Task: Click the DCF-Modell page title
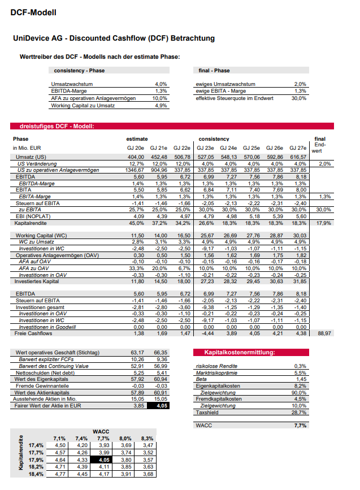pyautogui.click(x=33, y=12)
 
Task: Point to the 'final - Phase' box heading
pyautogui.click(x=214, y=71)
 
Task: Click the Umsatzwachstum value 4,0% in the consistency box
pyautogui.click(x=161, y=84)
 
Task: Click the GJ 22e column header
pyautogui.click(x=182, y=148)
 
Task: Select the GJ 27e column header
pyautogui.click(x=297, y=148)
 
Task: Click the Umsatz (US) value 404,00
pyautogui.click(x=135, y=157)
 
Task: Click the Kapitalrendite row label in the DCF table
pyautogui.click(x=28, y=223)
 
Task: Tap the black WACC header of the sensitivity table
pyautogui.click(x=103, y=432)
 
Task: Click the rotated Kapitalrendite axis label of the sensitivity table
pyautogui.click(x=21, y=457)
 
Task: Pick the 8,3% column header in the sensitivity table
pyautogui.click(x=146, y=438)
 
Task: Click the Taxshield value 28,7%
pyautogui.click(x=299, y=413)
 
